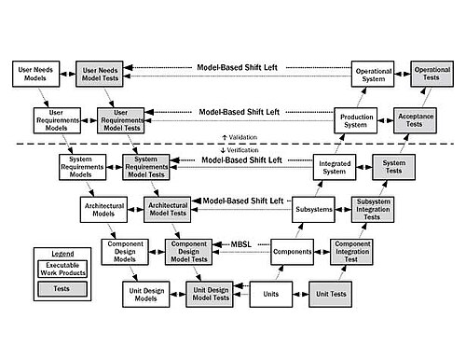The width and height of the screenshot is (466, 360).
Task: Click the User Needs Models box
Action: (x=35, y=74)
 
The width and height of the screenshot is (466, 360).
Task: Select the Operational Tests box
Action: (x=432, y=74)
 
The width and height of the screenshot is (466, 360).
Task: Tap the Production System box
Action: (x=356, y=120)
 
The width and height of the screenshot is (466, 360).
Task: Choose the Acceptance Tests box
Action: (x=415, y=120)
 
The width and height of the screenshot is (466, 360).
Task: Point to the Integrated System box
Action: (x=335, y=167)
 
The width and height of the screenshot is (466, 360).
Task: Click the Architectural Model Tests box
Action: (x=168, y=209)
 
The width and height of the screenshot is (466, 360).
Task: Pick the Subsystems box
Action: (x=313, y=209)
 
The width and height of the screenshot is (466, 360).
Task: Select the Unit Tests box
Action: (x=331, y=294)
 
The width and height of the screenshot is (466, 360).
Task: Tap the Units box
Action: (x=271, y=294)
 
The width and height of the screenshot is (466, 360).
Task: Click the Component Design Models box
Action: (x=125, y=252)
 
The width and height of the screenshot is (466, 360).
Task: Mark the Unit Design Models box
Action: (x=146, y=294)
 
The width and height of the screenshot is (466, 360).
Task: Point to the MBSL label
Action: (x=241, y=244)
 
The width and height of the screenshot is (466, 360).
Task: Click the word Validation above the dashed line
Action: (x=243, y=137)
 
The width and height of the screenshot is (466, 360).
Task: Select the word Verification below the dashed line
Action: (x=242, y=150)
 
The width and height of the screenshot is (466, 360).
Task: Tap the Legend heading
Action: (x=62, y=254)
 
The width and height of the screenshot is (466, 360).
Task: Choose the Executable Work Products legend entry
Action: (x=62, y=269)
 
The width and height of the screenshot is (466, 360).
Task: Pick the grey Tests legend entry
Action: (x=62, y=289)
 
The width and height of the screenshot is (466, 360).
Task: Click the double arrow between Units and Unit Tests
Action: (x=301, y=294)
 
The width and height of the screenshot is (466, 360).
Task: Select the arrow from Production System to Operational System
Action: (x=362, y=97)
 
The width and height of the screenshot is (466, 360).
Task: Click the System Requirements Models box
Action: (x=82, y=167)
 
